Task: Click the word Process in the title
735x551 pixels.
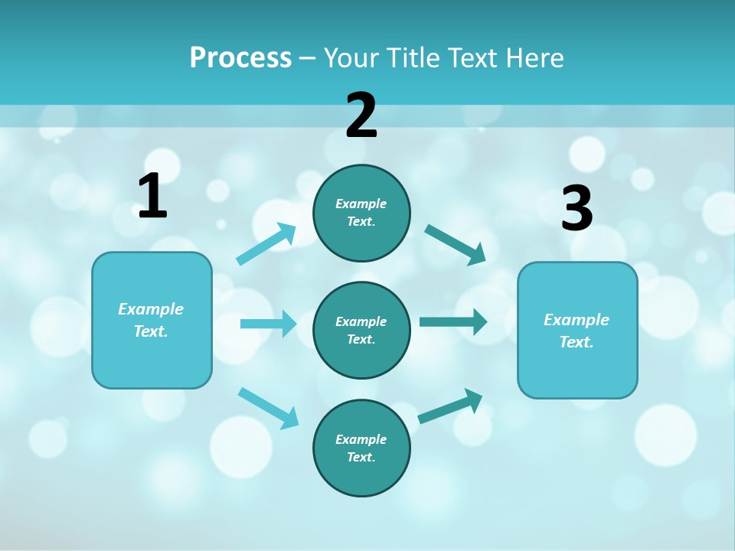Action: [240, 58]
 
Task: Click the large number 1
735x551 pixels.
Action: [152, 197]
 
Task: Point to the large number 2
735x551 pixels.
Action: [361, 116]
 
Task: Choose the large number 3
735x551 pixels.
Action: [577, 208]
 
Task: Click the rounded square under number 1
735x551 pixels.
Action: [152, 320]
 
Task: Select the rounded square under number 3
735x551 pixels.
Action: [577, 331]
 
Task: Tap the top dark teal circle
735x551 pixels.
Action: [361, 213]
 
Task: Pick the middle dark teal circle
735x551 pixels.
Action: [361, 330]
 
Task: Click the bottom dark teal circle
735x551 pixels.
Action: [361, 448]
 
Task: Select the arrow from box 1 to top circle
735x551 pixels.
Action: [266, 244]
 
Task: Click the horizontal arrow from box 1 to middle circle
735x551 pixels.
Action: [268, 324]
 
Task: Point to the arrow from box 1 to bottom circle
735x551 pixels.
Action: [268, 408]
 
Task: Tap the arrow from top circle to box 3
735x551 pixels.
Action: [456, 244]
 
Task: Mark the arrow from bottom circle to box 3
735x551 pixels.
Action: [450, 406]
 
